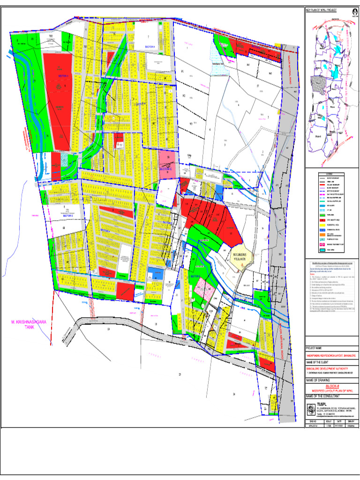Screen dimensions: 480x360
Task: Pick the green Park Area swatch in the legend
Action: (322, 215)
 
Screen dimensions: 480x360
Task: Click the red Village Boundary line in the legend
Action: (322, 185)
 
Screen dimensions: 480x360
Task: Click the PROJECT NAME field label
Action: (314, 348)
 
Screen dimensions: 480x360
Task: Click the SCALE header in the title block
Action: (329, 421)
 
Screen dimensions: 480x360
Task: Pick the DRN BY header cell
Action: (351, 421)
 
